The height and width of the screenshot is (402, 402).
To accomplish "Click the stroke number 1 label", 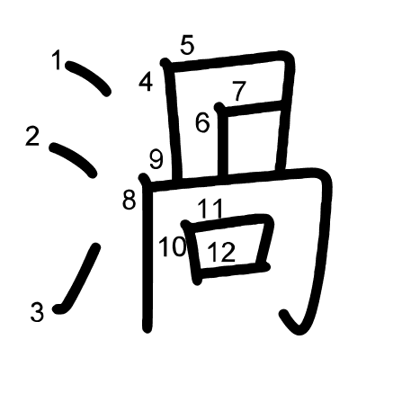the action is [x=57, y=60].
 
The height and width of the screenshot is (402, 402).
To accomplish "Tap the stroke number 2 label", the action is [x=32, y=136].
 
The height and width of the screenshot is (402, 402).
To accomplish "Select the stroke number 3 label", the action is [x=37, y=312].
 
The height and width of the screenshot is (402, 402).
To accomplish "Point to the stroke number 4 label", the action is [x=146, y=82].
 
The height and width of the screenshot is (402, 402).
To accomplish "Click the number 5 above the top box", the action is [x=187, y=45].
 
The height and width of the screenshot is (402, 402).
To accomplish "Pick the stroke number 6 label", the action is [x=202, y=122].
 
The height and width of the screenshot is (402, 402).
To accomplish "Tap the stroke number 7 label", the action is [x=239, y=91].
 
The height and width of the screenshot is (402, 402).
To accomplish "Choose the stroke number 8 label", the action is [x=130, y=200].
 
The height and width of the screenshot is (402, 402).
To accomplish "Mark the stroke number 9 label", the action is [x=156, y=159].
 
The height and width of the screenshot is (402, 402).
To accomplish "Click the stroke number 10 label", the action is [x=173, y=246].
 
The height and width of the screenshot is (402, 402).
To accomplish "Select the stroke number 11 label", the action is [x=210, y=209].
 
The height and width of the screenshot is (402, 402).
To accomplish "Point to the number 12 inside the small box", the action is [x=221, y=252].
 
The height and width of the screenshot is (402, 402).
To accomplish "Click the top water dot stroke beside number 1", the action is [x=89, y=77].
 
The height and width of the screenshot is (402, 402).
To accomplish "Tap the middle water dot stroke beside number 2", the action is [x=74, y=159].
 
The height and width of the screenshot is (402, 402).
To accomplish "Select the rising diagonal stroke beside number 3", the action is [x=78, y=279].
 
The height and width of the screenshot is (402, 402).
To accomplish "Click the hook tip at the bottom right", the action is [x=283, y=314].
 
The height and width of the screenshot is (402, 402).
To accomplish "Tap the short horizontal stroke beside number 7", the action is [x=251, y=108].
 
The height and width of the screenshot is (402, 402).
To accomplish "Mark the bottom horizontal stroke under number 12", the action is [x=233, y=271].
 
